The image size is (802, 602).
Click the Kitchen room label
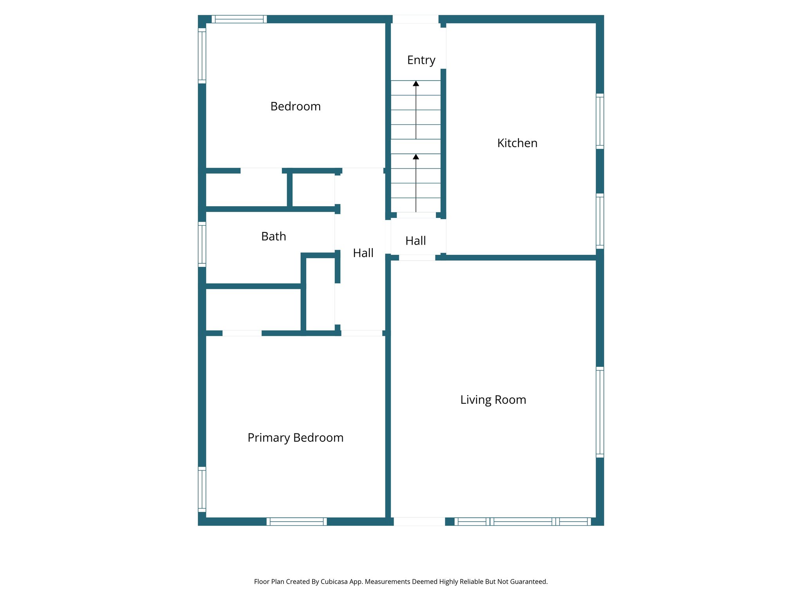pos(517,143)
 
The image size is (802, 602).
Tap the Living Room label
pos(493,400)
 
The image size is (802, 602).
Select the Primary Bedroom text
pos(295,437)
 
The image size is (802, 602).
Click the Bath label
pos(273,236)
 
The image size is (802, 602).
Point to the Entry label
pos(421,60)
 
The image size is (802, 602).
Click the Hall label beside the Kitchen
pos(415,241)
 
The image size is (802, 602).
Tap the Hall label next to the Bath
pos(363,253)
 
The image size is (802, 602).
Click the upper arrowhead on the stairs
pos(416,83)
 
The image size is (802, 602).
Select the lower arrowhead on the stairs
pos(416,157)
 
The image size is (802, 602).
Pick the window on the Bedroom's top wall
pos(239,19)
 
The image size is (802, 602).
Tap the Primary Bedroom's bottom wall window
pos(296,521)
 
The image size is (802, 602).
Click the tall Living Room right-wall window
pos(600,412)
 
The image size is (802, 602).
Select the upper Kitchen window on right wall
pos(600,121)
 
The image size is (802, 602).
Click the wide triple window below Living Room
pos(522,521)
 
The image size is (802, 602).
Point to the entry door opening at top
pos(415,19)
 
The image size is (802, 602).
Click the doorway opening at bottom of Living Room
pos(419,521)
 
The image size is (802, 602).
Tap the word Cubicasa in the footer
pos(334,582)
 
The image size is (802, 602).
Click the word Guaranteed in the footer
pos(529,582)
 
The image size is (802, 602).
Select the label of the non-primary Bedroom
pos(295,106)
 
